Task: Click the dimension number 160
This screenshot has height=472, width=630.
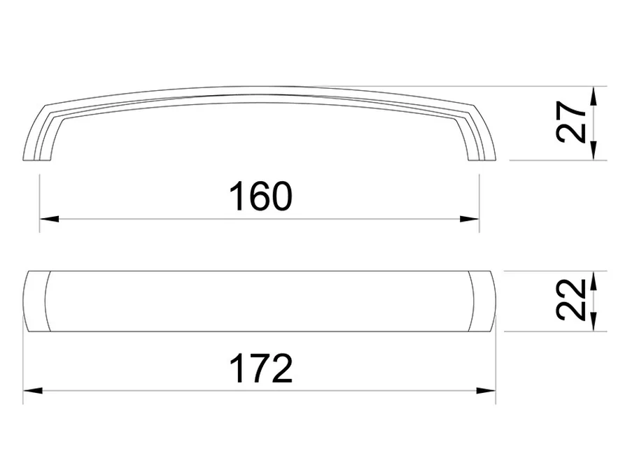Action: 261,196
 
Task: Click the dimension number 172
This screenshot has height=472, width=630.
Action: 261,369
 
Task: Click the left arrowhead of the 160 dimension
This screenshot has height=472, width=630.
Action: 49,219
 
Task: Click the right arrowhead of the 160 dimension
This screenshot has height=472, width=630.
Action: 469,219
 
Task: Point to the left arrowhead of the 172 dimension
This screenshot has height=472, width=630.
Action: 33,390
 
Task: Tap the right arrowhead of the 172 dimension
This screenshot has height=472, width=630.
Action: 486,390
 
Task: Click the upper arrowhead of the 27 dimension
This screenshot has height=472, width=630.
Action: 594,96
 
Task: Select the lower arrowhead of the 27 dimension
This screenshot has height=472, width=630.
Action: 594,150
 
